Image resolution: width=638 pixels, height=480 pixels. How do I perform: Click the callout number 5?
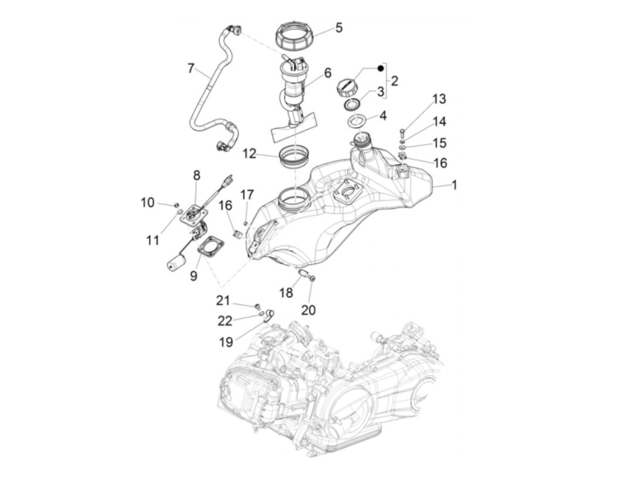click(339, 27)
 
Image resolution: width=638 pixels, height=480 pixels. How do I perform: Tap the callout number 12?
click(249, 154)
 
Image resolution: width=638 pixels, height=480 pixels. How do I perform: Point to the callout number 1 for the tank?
click(454, 185)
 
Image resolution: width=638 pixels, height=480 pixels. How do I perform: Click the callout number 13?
click(439, 99)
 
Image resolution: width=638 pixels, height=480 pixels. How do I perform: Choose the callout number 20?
click(309, 310)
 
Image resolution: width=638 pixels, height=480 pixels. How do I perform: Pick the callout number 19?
click(226, 342)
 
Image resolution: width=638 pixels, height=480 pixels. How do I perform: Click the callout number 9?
click(194, 276)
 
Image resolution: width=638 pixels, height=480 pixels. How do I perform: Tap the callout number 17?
click(247, 195)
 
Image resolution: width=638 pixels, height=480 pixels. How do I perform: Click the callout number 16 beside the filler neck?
click(440, 163)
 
